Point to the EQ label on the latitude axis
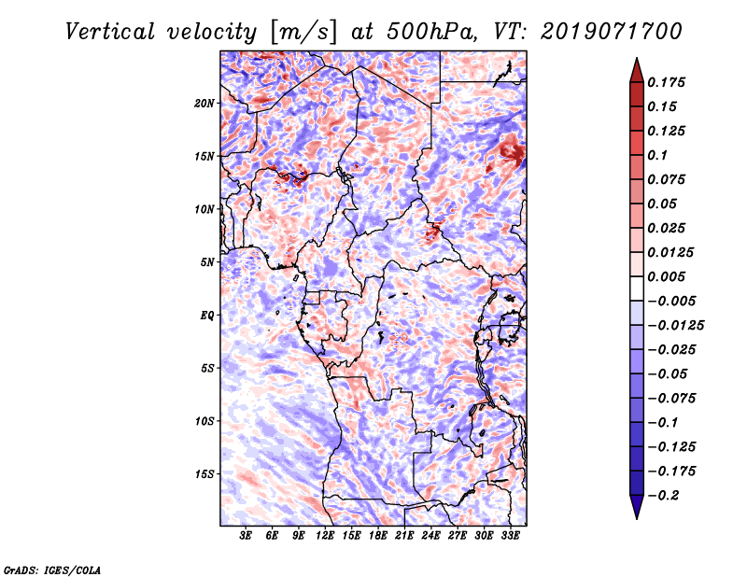click(x=207, y=315)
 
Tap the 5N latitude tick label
click(x=207, y=262)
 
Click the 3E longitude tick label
click(x=247, y=537)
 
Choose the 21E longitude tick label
click(x=405, y=537)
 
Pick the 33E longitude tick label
click(x=511, y=537)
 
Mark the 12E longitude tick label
click(x=326, y=537)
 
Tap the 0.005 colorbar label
click(x=668, y=276)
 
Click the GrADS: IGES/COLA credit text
click(x=51, y=569)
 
